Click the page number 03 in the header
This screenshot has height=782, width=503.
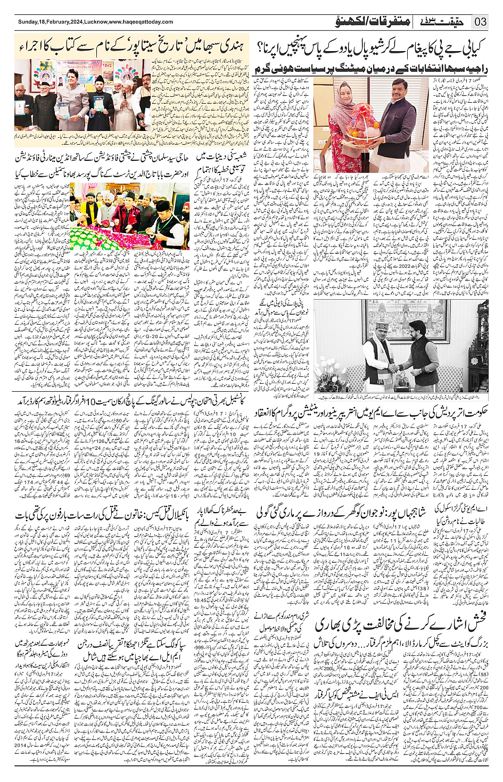(481, 22)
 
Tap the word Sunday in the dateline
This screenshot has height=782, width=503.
(28, 22)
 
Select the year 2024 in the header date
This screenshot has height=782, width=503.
(76, 22)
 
